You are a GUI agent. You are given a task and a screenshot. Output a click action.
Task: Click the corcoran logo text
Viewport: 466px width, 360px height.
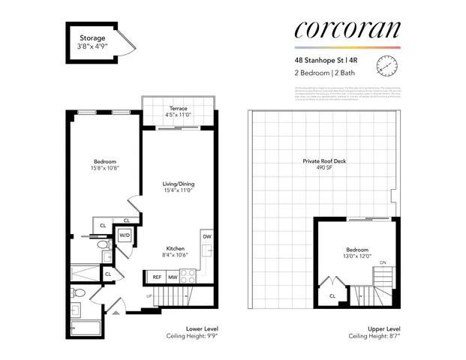pyautogui.click(x=347, y=31)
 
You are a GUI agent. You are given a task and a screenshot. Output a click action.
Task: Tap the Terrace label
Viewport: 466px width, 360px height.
pyautogui.click(x=178, y=108)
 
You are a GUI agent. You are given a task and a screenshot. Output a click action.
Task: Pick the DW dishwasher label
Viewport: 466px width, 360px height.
pyautogui.click(x=206, y=238)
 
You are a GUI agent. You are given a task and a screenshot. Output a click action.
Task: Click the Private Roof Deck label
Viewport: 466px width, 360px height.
pyautogui.click(x=324, y=161)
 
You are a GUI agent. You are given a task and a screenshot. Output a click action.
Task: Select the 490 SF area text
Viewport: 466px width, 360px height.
pyautogui.click(x=324, y=169)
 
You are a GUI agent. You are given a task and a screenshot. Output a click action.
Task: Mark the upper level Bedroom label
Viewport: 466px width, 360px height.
pyautogui.click(x=356, y=249)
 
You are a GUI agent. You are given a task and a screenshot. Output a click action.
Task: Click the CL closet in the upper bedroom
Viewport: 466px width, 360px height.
pyautogui.click(x=332, y=295)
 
